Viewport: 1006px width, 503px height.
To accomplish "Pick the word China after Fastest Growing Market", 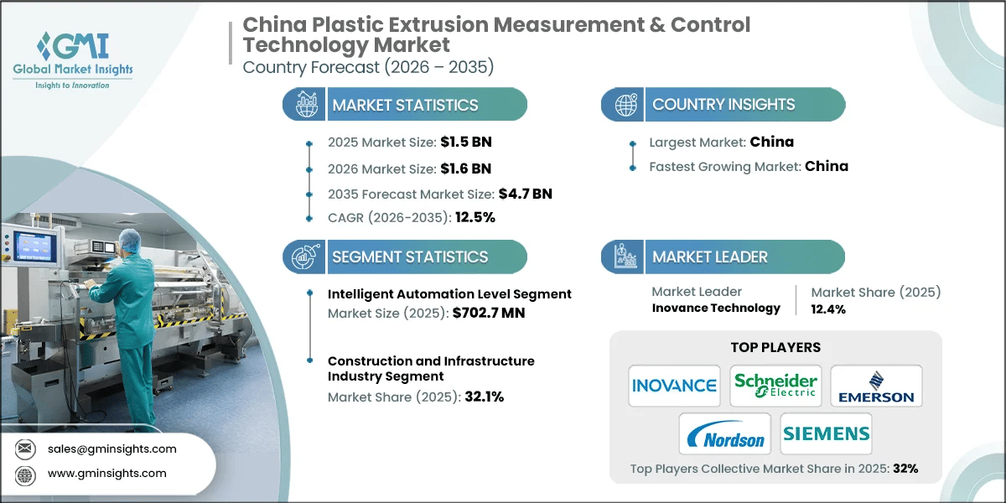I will (826, 166).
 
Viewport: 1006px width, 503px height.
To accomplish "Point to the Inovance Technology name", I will (716, 308).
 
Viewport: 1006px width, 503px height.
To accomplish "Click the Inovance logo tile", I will (674, 386).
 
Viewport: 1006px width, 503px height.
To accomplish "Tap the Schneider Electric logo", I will (775, 386).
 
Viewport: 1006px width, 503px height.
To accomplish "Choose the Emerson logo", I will (875, 386).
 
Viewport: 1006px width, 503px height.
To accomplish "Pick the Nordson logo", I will (724, 433).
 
